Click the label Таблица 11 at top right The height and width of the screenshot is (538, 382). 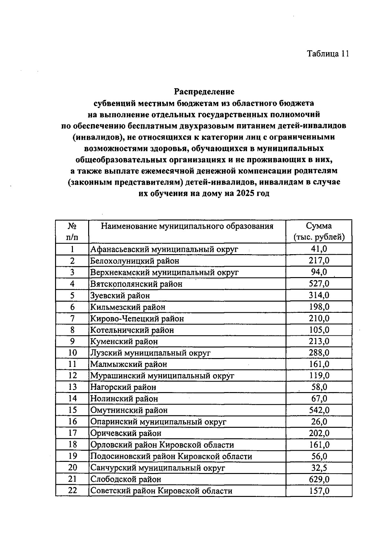pos(328,54)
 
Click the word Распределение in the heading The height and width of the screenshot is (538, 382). pos(204,92)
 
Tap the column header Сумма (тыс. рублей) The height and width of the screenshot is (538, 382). pos(319,232)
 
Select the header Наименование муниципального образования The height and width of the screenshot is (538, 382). pos(187,226)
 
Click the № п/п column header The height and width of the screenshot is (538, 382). pos(72,232)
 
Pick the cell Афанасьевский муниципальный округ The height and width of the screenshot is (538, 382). pos(164,249)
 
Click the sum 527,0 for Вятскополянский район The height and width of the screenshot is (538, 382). pos(319,283)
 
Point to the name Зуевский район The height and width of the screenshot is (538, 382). pos(120,295)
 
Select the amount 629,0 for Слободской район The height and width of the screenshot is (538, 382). pos(319,479)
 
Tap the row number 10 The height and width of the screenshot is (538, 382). pos(73,353)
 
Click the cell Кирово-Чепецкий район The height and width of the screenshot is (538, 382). pos(137,319)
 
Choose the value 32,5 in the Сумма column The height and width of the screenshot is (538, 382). pos(319,468)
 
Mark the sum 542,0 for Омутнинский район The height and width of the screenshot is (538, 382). pos(319,410)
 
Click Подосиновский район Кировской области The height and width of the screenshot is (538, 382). pos(171,456)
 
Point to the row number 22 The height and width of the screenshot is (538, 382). pos(73,491)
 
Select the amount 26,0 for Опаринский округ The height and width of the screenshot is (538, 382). pos(319,421)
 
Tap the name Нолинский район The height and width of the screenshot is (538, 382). pos(124,398)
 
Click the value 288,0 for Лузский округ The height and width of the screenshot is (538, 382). pos(319,353)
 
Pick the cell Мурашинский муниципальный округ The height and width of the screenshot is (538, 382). pos(162,376)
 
